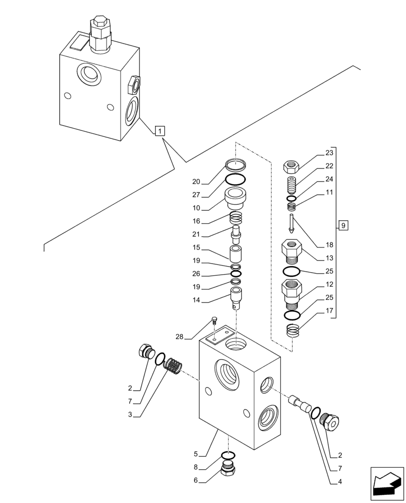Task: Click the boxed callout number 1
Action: [159, 132]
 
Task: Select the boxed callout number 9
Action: [342, 225]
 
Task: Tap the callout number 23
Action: [329, 153]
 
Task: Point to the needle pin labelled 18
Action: [291, 223]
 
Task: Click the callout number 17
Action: [329, 310]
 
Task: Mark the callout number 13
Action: [329, 258]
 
